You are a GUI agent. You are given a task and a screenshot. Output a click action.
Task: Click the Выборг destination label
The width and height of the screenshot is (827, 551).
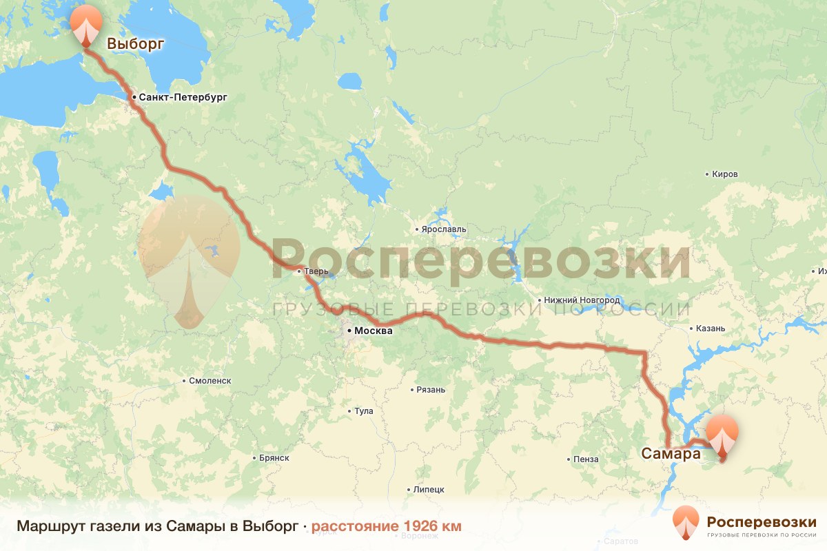(x=135, y=45)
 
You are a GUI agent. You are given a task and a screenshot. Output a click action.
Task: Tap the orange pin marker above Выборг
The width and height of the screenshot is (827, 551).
(x=85, y=25)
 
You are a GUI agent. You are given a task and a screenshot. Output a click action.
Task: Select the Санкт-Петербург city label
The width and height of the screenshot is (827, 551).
(x=182, y=98)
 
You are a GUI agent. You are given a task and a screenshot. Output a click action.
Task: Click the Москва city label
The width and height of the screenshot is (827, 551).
(x=373, y=331)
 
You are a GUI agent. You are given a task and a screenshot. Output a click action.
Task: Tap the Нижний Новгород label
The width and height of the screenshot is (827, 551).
(x=581, y=300)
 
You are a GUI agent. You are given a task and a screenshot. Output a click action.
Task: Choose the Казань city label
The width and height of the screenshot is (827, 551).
(x=711, y=329)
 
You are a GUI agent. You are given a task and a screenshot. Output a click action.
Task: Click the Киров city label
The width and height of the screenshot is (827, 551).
(x=724, y=174)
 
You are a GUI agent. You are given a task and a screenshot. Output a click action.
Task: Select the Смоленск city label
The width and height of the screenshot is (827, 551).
(x=210, y=380)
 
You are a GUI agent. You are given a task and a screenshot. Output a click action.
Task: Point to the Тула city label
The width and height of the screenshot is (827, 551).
(x=363, y=411)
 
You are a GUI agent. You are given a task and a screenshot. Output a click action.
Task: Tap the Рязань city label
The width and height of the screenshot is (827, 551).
(x=431, y=390)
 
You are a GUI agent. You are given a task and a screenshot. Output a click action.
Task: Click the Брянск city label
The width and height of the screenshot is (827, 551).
(x=274, y=458)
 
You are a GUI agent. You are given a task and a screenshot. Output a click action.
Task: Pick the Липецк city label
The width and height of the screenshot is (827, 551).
(x=429, y=490)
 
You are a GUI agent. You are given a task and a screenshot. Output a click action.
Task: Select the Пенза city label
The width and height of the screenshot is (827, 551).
(x=585, y=459)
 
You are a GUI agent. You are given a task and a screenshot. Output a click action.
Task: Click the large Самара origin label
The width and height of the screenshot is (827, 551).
(x=671, y=454)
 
